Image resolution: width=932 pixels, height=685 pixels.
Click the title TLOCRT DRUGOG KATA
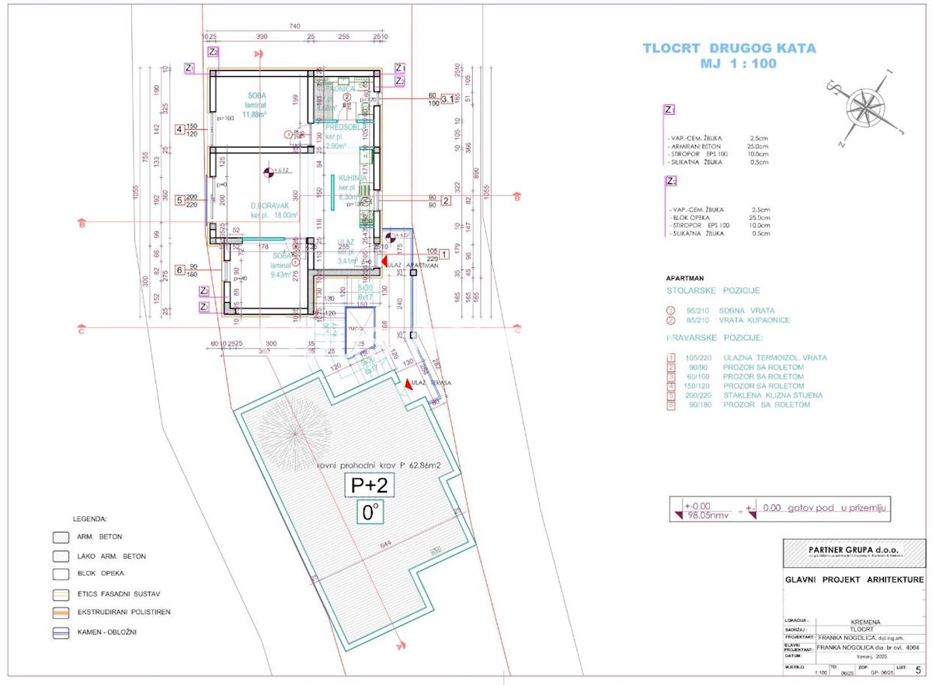(729, 48)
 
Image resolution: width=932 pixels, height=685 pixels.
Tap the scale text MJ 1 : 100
(729, 64)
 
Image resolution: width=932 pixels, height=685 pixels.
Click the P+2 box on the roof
(369, 485)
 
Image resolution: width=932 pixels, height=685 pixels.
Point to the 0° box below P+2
(369, 512)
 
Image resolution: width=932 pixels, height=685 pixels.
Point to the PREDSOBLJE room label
(340, 127)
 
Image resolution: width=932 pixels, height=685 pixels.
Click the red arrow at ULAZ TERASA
(409, 384)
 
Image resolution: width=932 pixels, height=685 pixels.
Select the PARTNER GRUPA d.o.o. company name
(853, 549)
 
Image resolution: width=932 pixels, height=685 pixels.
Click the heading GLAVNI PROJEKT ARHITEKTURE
(853, 579)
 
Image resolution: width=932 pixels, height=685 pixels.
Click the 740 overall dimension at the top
(294, 26)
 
